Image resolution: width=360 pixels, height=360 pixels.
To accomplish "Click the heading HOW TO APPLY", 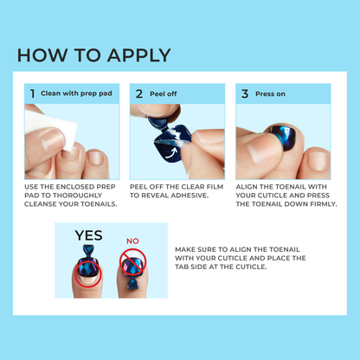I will click(94, 55).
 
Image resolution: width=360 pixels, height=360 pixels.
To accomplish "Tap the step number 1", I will click(33, 93).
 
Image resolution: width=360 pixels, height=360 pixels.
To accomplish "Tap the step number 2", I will click(138, 93).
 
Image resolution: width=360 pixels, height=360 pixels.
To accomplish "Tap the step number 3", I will click(245, 93).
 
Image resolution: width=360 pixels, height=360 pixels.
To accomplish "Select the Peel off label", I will click(165, 93).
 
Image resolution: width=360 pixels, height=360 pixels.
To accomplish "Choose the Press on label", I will click(274, 93).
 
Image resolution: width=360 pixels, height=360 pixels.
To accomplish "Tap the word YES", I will click(88, 235).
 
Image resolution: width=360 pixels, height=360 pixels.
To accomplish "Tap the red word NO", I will click(132, 242).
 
